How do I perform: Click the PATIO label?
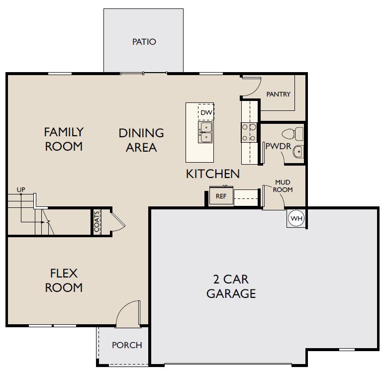pyautogui.click(x=144, y=42)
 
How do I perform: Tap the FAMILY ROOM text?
pyautogui.click(x=64, y=139)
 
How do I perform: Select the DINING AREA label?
pyautogui.click(x=141, y=140)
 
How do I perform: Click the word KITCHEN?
pyautogui.click(x=213, y=174)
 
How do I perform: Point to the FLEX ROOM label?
pyautogui.click(x=64, y=280)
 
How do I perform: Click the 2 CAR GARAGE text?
pyautogui.click(x=231, y=286)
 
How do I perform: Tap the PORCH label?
pyautogui.click(x=127, y=345)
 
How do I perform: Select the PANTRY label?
pyautogui.click(x=278, y=94)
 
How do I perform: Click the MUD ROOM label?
pyautogui.click(x=284, y=186)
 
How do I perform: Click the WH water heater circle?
pyautogui.click(x=296, y=219)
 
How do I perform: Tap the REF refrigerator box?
pyautogui.click(x=221, y=196)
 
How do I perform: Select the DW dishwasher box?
pyautogui.click(x=206, y=113)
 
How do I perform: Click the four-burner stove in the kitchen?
pyautogui.click(x=249, y=132)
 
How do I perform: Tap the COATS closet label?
pyautogui.click(x=97, y=221)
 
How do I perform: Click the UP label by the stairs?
pyautogui.click(x=21, y=189)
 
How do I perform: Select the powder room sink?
pyautogui.click(x=297, y=152)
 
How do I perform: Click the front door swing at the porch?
pyautogui.click(x=128, y=313)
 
